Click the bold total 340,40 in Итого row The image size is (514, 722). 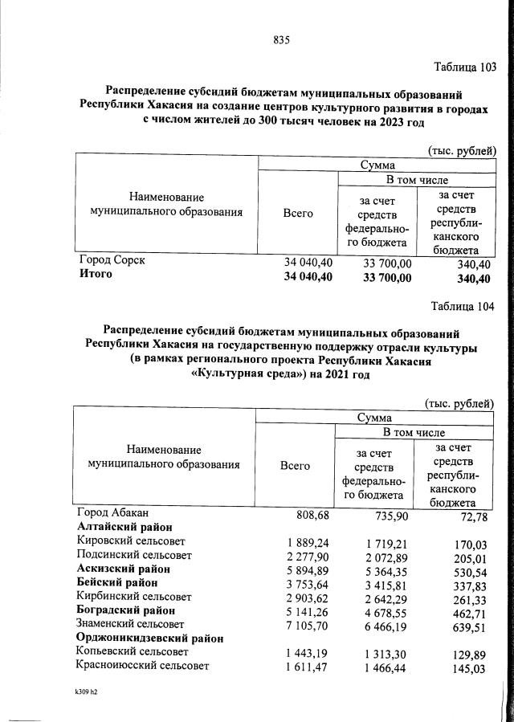coord(471,278)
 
